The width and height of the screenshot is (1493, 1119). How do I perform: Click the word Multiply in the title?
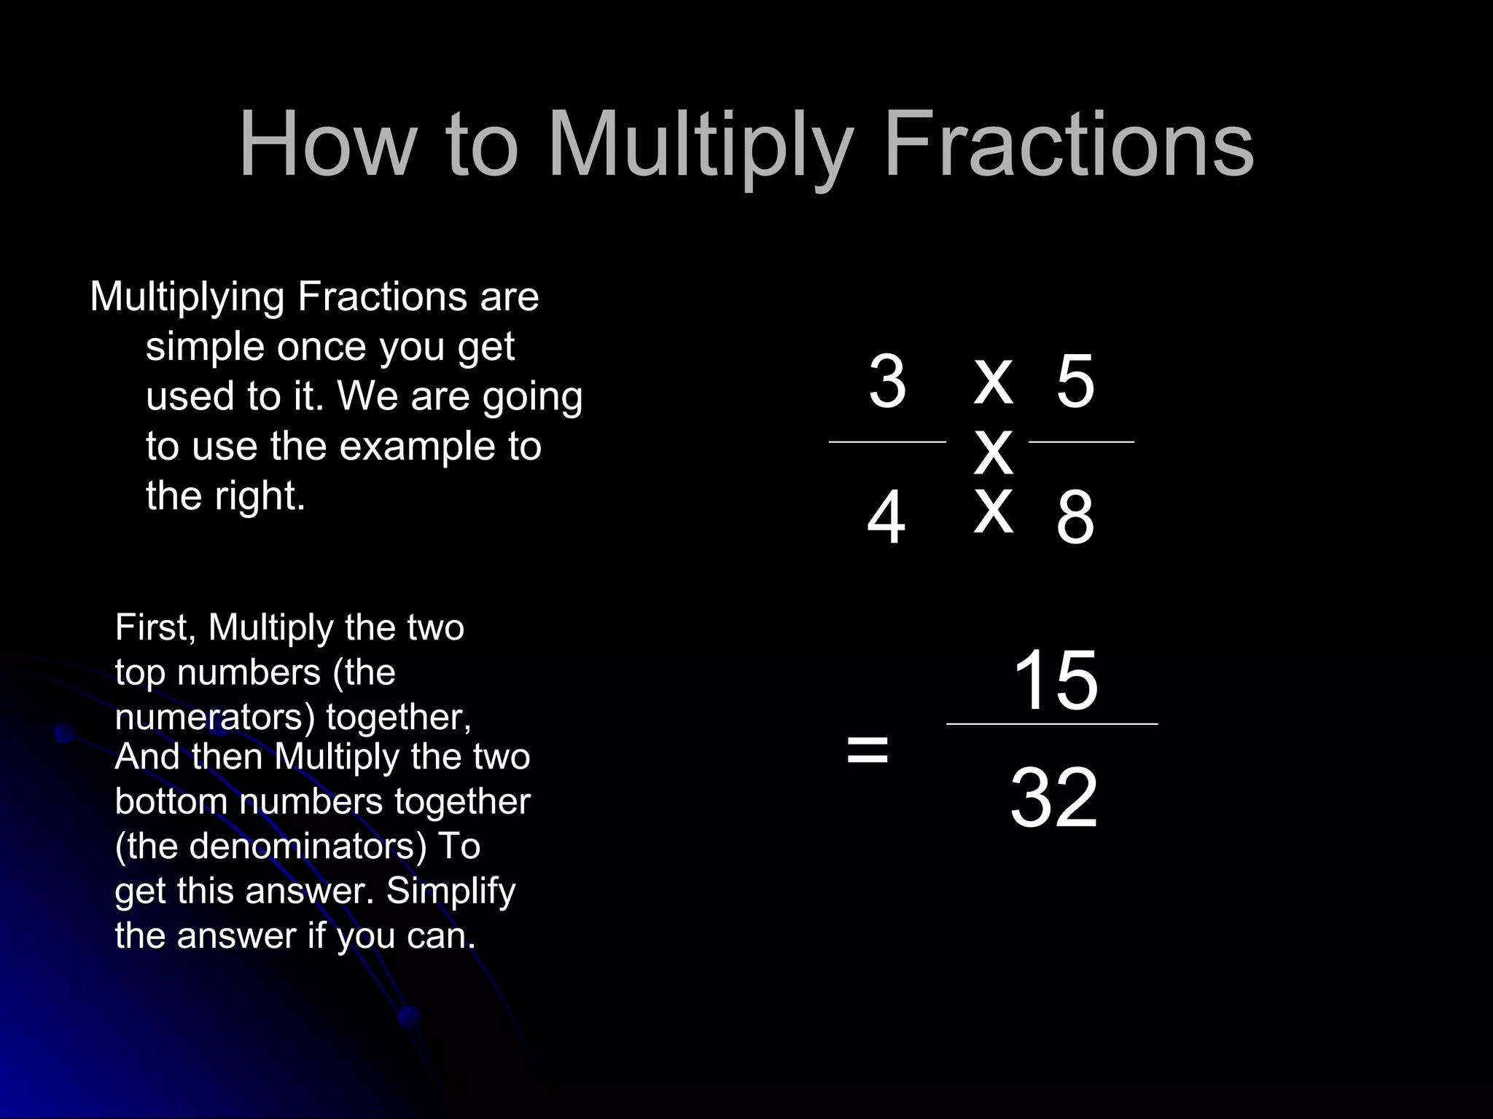click(700, 146)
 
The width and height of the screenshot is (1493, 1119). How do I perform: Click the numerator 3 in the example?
click(887, 382)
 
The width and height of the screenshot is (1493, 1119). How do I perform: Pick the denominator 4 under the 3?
click(886, 518)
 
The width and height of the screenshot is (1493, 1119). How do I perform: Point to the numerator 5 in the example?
click(1075, 382)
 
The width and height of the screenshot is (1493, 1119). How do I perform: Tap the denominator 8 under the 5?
click(1075, 518)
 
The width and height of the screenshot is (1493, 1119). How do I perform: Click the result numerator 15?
click(1055, 680)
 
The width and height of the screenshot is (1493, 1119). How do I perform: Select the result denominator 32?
click(1053, 798)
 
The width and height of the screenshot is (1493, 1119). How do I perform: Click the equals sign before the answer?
click(868, 750)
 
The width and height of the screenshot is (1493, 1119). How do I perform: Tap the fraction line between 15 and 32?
click(1051, 724)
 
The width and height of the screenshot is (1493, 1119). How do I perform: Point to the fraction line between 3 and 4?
click(887, 441)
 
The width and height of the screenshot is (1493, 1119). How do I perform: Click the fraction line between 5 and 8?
click(1081, 441)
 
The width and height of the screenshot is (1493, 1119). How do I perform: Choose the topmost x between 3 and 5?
click(994, 382)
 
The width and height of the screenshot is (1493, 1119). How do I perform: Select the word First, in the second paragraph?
click(155, 628)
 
